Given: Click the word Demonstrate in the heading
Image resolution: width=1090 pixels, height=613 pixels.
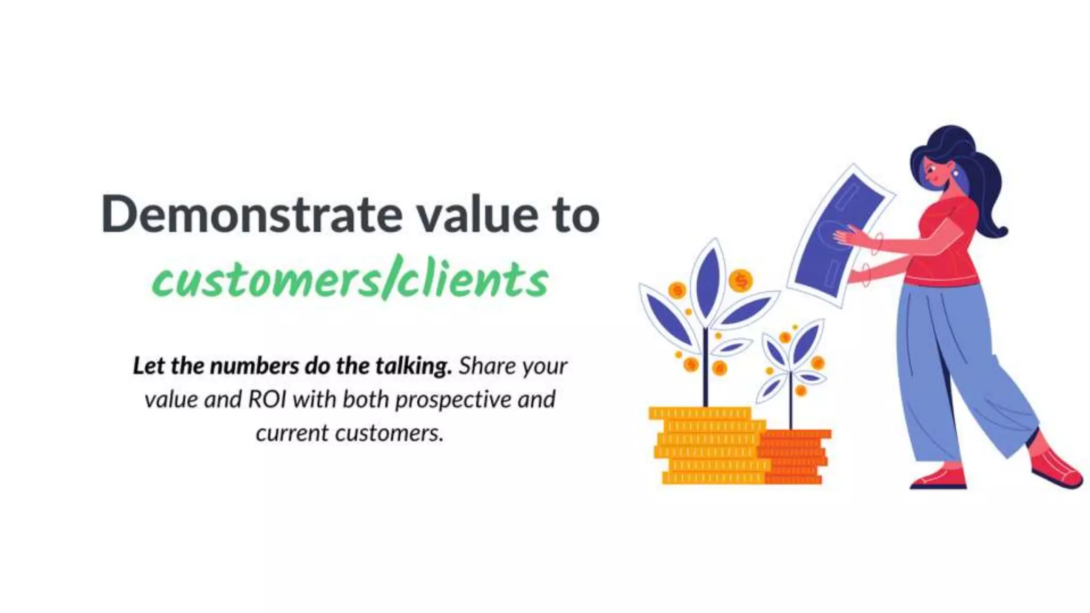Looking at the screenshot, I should click(251, 214).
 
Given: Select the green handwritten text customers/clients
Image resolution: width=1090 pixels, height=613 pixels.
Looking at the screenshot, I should click(350, 280).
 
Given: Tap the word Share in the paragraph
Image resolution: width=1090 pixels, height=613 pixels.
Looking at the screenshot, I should click(488, 366).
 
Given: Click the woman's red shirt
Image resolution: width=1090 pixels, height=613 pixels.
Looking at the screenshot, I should click(950, 245).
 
